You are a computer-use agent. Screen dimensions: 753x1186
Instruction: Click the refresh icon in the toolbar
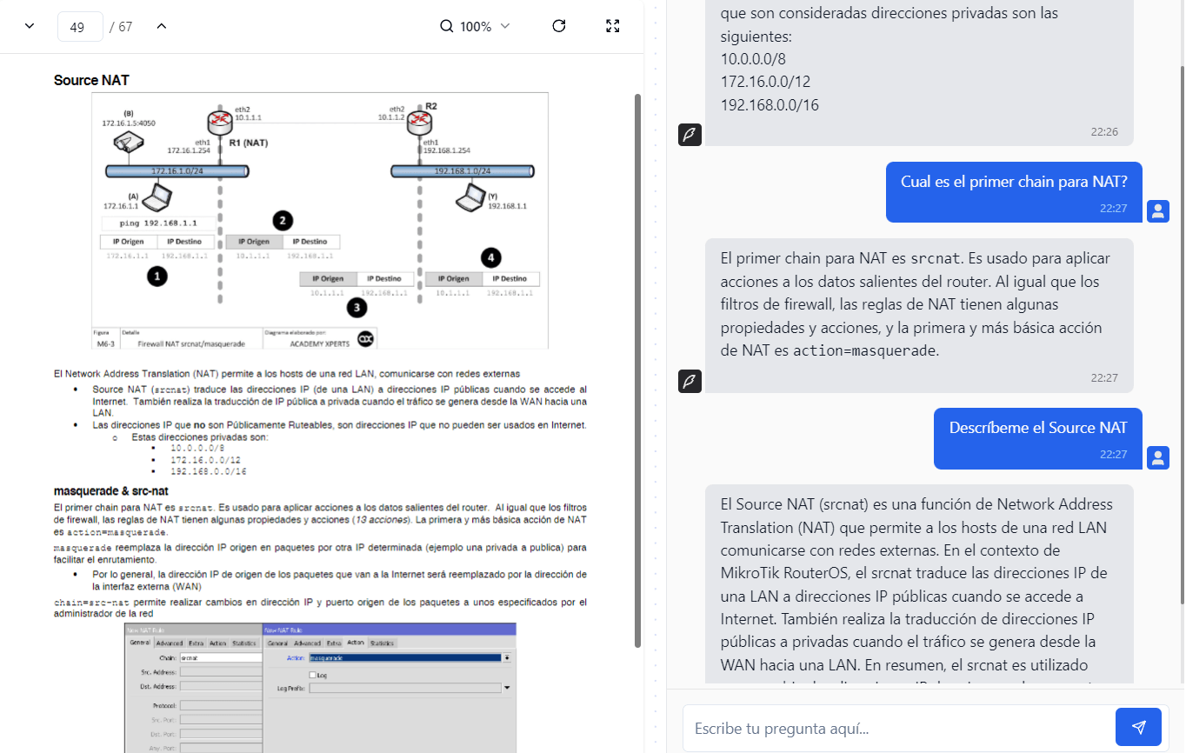coord(559,26)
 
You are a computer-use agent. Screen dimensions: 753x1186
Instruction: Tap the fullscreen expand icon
coord(612,26)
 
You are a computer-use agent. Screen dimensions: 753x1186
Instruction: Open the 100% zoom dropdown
coord(475,27)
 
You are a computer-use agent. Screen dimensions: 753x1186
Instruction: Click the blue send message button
coord(1138,727)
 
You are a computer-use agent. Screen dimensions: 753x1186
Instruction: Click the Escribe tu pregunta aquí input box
coord(896,728)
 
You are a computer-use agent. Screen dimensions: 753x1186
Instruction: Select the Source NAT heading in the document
coord(91,80)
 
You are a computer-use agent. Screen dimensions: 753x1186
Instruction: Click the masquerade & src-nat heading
coord(110,491)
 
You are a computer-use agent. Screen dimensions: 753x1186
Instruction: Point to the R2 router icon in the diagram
coord(422,119)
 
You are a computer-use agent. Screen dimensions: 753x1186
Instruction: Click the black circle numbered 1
coord(157,277)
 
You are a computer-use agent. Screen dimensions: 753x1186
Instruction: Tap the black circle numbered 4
coord(491,257)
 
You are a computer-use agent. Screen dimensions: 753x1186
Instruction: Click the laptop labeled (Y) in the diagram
coord(470,197)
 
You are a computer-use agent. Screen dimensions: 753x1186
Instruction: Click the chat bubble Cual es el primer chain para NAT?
coord(1013,182)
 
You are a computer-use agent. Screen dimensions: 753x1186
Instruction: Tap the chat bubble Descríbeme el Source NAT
coord(1037,428)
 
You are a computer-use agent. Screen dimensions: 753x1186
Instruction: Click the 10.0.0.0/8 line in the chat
coord(753,59)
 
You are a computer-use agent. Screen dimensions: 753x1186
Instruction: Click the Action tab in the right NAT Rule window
coord(355,643)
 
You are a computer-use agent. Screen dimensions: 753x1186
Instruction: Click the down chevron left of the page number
coord(30,26)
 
